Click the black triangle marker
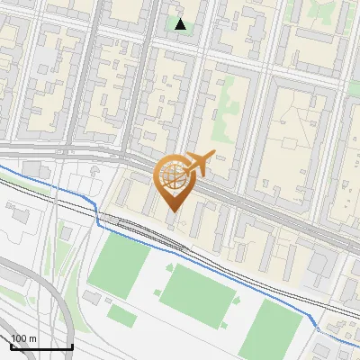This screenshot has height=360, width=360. point(181,24)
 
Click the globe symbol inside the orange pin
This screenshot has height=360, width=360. point(172,176)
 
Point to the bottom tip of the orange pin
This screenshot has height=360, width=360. point(172,212)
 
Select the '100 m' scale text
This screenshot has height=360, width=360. point(24,338)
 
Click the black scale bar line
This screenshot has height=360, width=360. point(41,346)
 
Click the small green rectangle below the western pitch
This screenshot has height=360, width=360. point(121,315)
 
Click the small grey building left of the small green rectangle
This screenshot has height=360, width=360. point(91,297)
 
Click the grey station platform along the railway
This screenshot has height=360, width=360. point(135,226)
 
